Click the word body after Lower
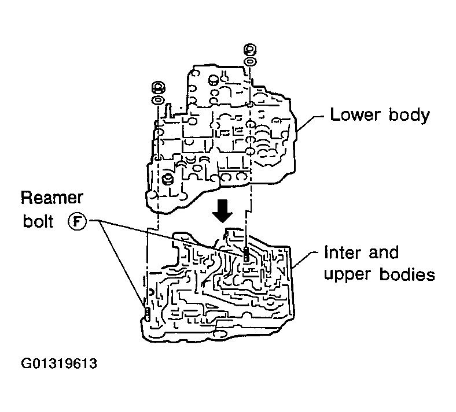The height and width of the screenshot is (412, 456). click(408, 116)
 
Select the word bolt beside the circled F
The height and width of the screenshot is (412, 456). click(38, 222)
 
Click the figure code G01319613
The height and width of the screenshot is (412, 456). click(58, 364)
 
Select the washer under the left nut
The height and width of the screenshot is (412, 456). click(156, 100)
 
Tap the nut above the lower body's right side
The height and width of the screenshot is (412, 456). click(250, 49)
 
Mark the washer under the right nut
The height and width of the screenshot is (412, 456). click(250, 61)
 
